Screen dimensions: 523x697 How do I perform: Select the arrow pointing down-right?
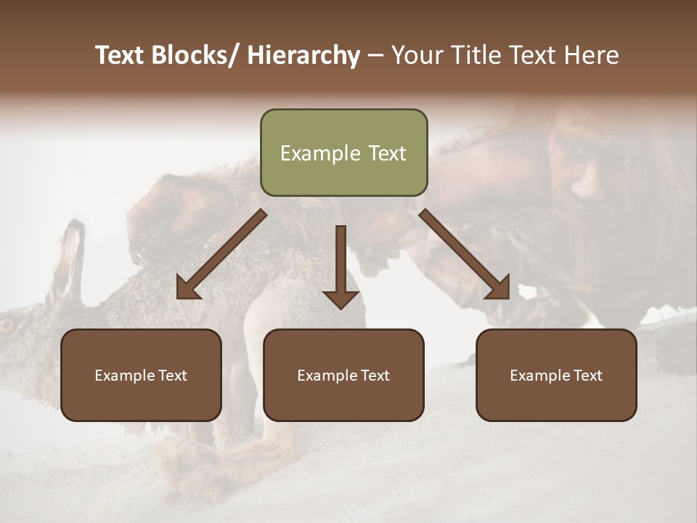click(x=465, y=254)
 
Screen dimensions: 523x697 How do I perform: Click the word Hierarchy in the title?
click(x=303, y=55)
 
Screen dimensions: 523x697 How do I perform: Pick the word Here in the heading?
click(x=592, y=55)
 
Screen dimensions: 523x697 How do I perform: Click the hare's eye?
click(x=7, y=325)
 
